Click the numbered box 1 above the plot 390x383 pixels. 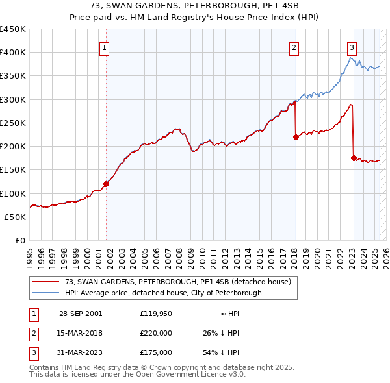[105, 47]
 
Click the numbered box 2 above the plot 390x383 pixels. [294, 47]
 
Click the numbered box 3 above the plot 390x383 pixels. [352, 47]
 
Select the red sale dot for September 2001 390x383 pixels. [106, 184]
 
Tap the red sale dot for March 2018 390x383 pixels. [296, 137]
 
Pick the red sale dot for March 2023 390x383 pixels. [354, 158]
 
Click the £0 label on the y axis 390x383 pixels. [19, 240]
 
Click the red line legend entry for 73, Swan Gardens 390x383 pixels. [172, 282]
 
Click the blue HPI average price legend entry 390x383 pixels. [162, 293]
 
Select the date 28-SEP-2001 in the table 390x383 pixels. [81, 314]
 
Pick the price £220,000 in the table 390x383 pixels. [156, 333]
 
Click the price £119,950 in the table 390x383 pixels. [156, 314]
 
